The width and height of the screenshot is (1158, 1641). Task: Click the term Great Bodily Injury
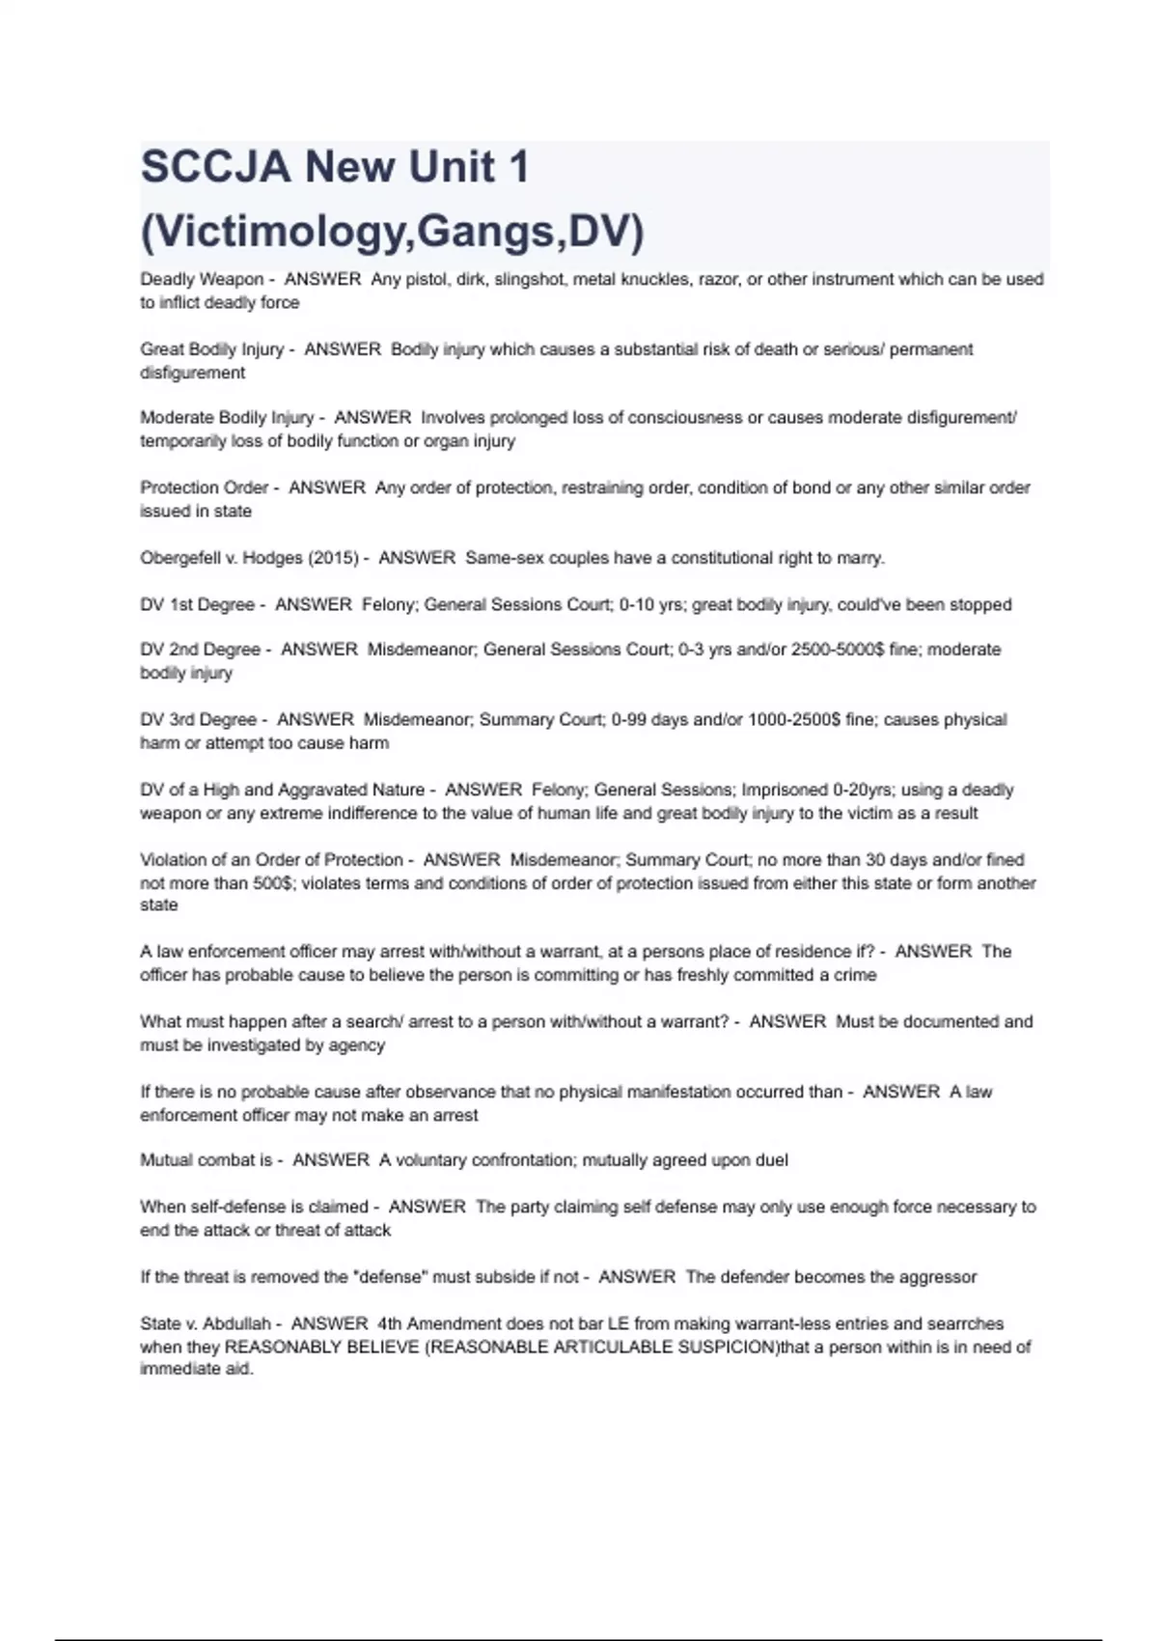212,349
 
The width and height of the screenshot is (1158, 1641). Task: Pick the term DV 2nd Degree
201,651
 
